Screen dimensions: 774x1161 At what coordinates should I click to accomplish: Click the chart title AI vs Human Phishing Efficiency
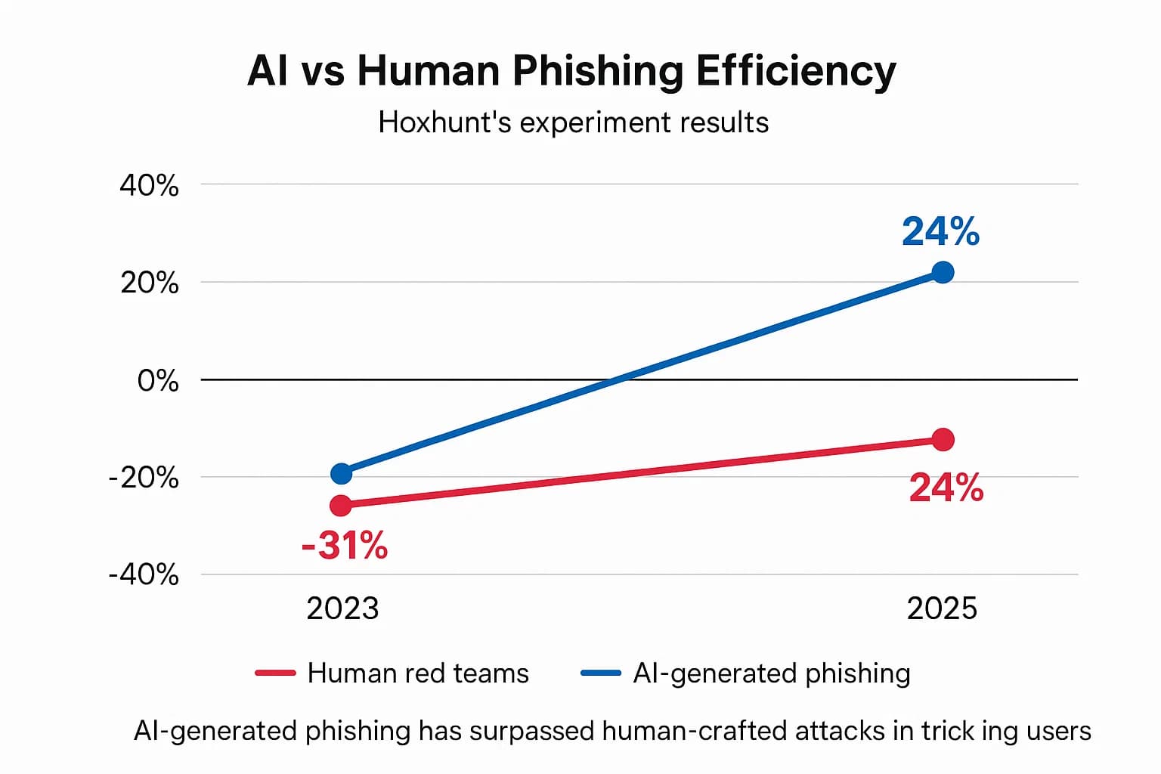click(571, 72)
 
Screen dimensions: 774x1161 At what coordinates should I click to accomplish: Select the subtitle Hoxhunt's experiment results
click(573, 122)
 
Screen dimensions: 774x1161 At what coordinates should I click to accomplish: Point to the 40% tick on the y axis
click(149, 185)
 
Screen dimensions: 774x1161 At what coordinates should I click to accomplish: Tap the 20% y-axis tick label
click(149, 283)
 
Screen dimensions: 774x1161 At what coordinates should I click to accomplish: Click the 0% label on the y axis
click(157, 380)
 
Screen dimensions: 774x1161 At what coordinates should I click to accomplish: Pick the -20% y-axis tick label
click(144, 478)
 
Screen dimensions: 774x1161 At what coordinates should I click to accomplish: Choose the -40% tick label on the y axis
click(144, 574)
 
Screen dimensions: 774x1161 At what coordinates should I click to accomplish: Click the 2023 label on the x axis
click(342, 608)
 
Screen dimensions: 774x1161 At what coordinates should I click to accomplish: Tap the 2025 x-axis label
click(942, 608)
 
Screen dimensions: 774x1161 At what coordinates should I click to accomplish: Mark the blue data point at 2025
click(943, 272)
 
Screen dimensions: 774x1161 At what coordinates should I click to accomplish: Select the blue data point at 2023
click(342, 473)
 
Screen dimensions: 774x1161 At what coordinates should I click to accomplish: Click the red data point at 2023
click(342, 505)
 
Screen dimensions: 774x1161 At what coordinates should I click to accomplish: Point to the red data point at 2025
click(943, 439)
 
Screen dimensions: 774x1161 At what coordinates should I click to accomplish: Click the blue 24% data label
click(940, 232)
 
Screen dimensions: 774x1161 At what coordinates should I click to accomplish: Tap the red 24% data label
click(946, 488)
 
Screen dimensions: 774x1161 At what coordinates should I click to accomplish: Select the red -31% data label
click(345, 545)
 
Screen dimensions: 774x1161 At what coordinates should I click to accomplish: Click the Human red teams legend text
click(418, 673)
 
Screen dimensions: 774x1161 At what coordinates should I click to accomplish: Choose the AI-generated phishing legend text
click(771, 673)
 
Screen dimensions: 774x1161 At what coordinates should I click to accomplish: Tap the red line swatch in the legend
click(275, 673)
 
